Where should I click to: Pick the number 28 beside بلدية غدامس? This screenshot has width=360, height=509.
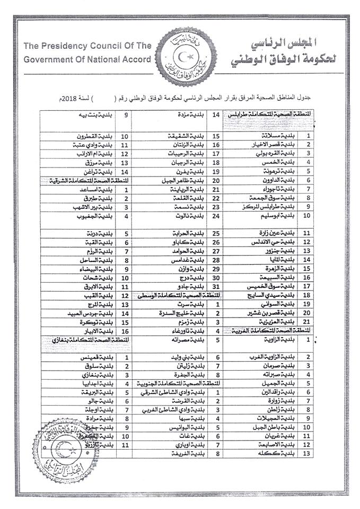216,260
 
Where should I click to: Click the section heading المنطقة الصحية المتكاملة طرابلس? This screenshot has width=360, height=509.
271,114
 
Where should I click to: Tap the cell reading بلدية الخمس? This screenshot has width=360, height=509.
279,162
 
